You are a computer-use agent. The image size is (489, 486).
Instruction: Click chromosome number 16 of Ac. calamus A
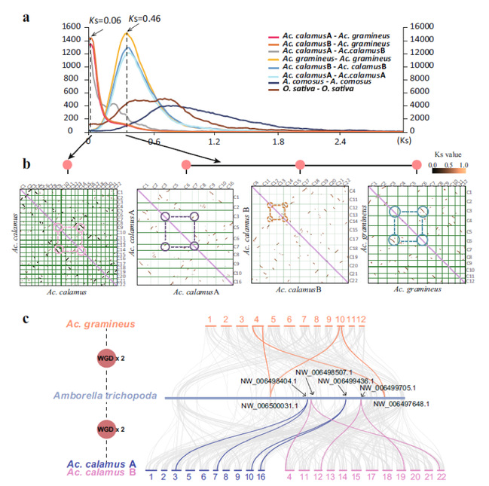(261, 476)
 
